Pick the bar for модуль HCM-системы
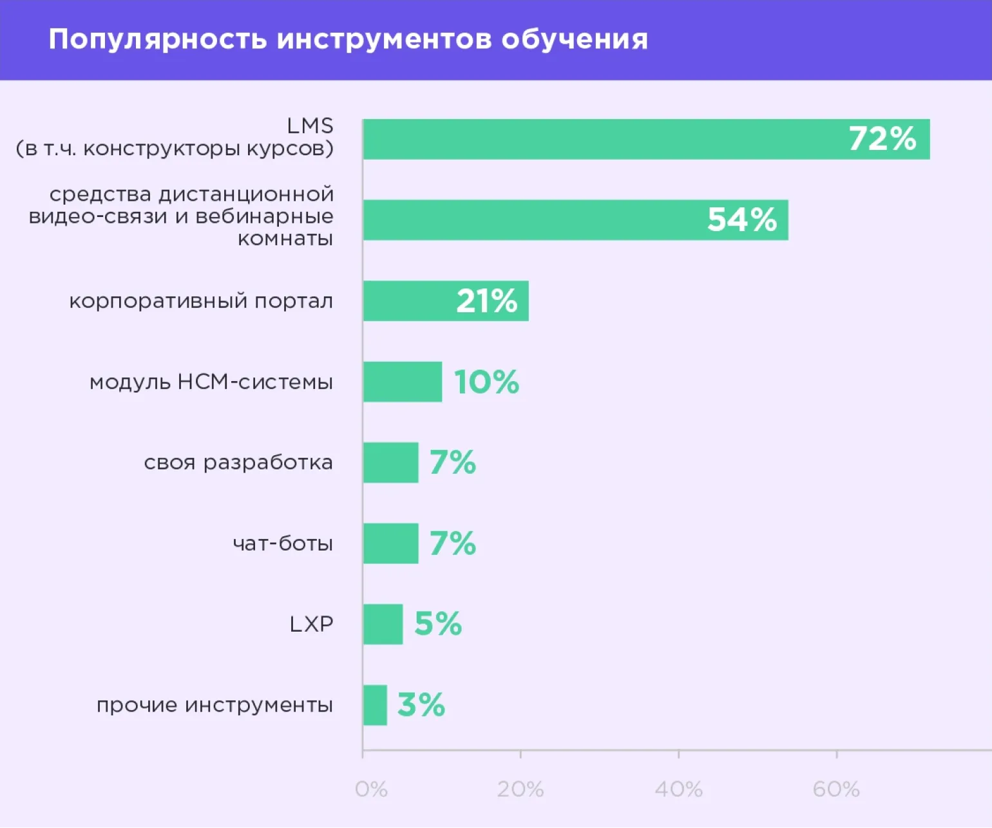403,382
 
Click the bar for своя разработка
390,462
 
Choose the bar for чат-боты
390,543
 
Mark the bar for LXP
383,624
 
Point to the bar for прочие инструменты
375,705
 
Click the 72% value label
882,138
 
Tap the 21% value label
486,301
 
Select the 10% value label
486,382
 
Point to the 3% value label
421,704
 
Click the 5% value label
438,623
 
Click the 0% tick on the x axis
371,789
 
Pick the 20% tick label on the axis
520,789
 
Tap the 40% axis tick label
678,789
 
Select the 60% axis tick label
836,789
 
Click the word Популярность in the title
158,39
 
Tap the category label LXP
311,624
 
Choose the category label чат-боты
283,543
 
